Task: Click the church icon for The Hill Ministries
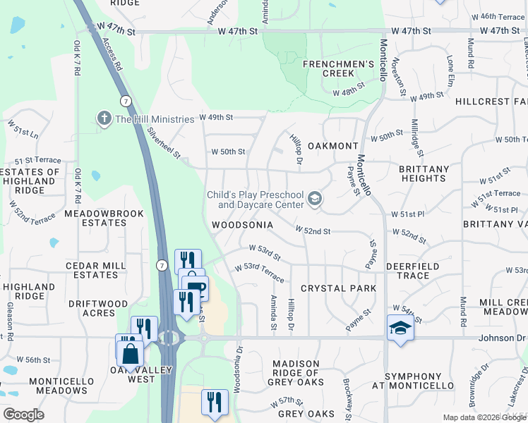(x=104, y=118)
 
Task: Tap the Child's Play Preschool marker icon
(x=315, y=200)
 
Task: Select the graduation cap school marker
(x=400, y=328)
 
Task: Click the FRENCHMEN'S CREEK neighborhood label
(x=338, y=68)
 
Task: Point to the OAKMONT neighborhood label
(x=333, y=146)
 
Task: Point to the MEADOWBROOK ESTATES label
(x=104, y=218)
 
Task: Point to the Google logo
(x=23, y=415)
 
